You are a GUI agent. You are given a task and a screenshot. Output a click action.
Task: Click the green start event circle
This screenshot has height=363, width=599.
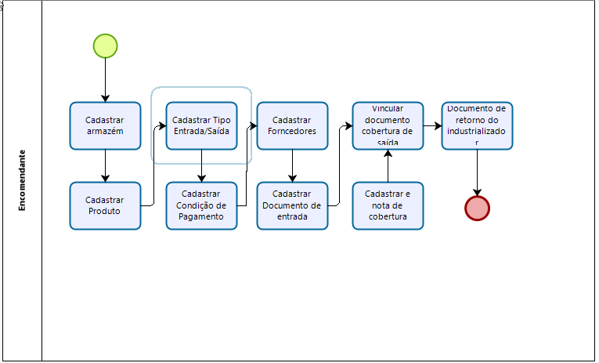tap(105, 46)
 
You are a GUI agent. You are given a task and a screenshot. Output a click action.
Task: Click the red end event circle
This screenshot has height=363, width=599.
tap(477, 208)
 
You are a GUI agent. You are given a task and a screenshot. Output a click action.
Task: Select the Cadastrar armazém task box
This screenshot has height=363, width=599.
tap(105, 125)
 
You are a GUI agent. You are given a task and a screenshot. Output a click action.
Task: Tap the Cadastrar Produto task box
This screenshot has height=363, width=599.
tap(105, 205)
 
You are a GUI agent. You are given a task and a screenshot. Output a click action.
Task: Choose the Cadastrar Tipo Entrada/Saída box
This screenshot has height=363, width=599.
tap(202, 125)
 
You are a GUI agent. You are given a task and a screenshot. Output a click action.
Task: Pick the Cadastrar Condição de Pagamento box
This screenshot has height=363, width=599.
tap(201, 205)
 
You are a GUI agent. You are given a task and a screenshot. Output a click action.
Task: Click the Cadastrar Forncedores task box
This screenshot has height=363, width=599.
tap(292, 125)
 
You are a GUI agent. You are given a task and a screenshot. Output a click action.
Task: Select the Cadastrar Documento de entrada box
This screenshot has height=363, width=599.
tap(292, 205)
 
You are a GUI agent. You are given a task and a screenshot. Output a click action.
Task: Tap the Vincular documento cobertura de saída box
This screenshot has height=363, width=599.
tap(388, 125)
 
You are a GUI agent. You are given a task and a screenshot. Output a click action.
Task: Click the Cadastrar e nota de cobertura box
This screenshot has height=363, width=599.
tap(388, 205)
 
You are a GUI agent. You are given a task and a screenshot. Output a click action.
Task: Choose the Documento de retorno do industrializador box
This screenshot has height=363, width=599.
tap(477, 125)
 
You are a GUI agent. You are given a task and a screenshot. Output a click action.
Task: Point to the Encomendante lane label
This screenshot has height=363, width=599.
tap(22, 180)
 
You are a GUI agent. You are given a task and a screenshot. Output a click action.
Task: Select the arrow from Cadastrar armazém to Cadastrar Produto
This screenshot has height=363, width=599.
tap(105, 165)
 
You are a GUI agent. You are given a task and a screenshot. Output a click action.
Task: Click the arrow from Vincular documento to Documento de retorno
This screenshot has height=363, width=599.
tap(432, 125)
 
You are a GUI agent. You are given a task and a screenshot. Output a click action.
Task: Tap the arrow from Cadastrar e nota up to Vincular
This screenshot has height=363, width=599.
tap(388, 165)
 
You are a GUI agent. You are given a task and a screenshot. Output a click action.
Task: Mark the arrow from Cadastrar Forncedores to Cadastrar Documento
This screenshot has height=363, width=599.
tap(292, 165)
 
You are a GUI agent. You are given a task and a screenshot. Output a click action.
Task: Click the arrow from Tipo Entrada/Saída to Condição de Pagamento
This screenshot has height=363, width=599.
tap(202, 165)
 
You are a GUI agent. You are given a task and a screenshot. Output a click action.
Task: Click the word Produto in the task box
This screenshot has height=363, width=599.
tap(105, 212)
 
